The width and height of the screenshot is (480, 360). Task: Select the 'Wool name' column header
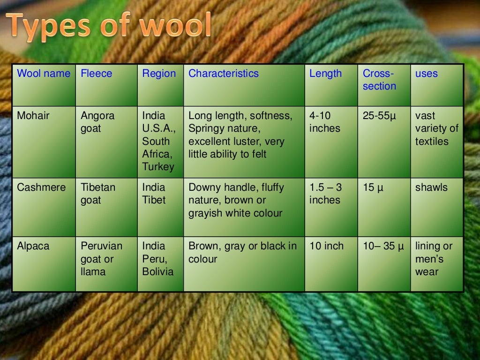(44, 74)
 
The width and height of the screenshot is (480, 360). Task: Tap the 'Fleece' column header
(97, 74)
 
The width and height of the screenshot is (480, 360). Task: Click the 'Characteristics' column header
(223, 74)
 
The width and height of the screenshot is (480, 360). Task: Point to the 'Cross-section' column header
(379, 80)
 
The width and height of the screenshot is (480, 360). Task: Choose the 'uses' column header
(427, 74)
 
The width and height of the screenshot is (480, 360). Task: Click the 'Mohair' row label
(33, 116)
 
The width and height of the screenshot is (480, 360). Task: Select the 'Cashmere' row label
(41, 187)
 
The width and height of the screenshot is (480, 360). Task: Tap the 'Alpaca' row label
(33, 246)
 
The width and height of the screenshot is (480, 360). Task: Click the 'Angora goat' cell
(97, 122)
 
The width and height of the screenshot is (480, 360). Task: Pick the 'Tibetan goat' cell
(98, 194)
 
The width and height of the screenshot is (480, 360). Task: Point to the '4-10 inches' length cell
(325, 122)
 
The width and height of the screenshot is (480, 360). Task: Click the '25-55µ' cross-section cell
(380, 116)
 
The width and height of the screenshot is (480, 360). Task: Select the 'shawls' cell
(431, 187)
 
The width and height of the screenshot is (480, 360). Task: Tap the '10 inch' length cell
(326, 246)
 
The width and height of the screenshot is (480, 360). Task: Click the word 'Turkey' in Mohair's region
(158, 167)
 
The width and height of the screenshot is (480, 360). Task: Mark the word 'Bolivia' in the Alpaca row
(158, 272)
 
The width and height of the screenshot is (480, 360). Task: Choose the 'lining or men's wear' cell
(434, 259)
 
